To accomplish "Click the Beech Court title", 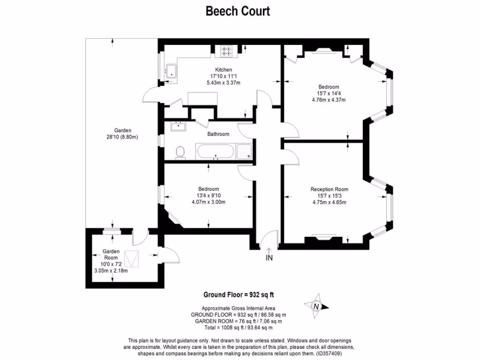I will point(238,11).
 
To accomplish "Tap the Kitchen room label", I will point(224,70).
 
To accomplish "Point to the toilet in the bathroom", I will point(180,152).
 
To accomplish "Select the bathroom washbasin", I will point(178,126).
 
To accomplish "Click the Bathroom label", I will point(218,134).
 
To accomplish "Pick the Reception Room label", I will point(329,189).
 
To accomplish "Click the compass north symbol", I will point(316,306).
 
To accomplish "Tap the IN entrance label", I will point(269,257).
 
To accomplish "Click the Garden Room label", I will point(112,254).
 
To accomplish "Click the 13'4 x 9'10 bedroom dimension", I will point(209,196).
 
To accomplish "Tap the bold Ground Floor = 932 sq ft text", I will point(238,295).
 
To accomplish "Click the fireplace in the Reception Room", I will point(323,238).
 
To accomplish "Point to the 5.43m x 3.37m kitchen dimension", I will point(224,83).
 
